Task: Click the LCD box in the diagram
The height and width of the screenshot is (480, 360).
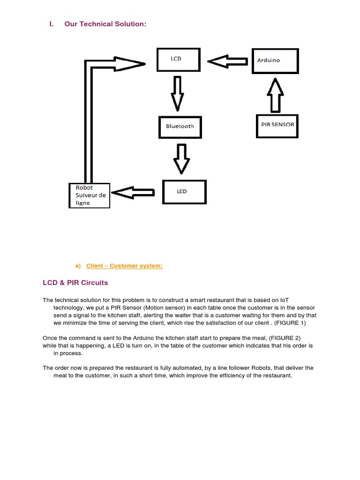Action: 179,60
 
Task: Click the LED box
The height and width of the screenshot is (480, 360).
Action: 184,191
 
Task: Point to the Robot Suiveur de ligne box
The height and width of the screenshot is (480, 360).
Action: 89,195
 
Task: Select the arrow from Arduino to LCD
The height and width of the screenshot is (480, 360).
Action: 227,61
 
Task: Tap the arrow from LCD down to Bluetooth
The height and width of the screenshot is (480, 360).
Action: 178,92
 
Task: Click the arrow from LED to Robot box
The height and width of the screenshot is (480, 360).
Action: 134,192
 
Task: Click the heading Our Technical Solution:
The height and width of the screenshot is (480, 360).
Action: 105,23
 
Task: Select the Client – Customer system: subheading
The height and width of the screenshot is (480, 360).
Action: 124,266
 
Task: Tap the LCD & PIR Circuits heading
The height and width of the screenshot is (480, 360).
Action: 75,283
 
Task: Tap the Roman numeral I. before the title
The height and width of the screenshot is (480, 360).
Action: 51,23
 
